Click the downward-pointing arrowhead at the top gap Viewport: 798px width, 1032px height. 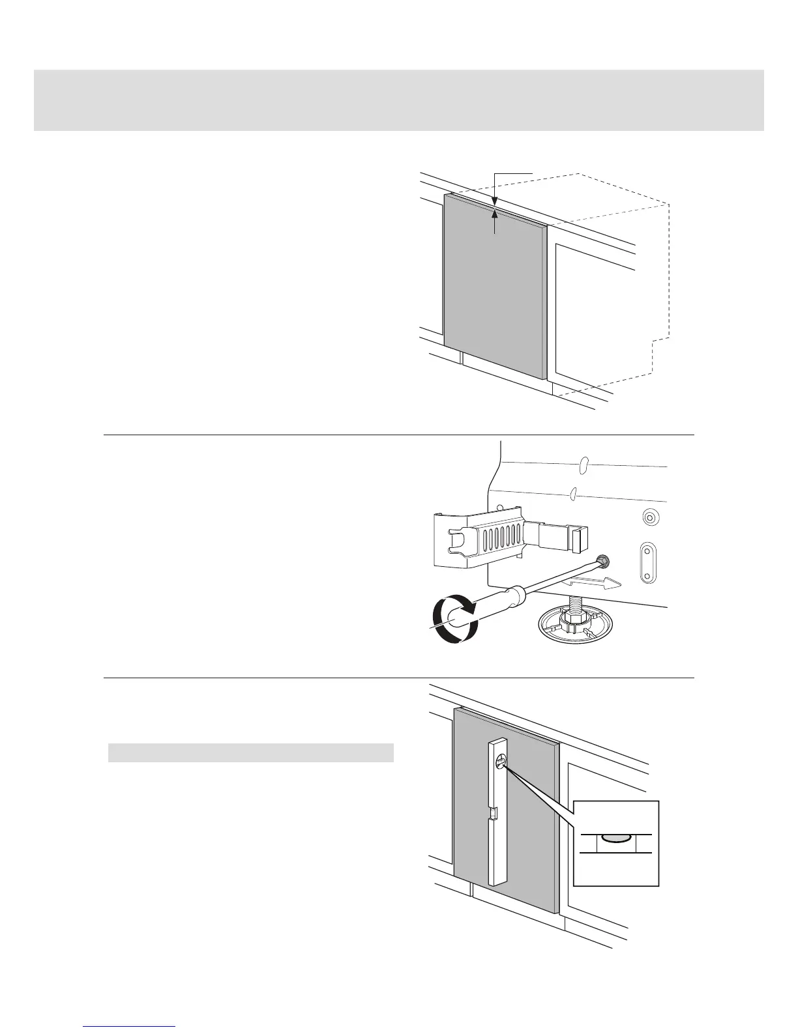(x=495, y=201)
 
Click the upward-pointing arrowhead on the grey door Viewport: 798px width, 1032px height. (x=495, y=213)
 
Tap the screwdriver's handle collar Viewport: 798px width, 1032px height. (x=516, y=593)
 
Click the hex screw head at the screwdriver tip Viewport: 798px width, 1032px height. (x=602, y=560)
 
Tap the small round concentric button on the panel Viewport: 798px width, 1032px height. (x=649, y=518)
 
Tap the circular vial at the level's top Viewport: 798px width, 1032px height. (x=501, y=760)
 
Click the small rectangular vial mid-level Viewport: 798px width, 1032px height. (x=494, y=812)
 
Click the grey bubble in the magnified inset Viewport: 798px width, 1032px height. (x=615, y=839)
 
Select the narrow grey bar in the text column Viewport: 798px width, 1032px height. (x=250, y=752)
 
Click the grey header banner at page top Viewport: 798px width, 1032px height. (x=398, y=100)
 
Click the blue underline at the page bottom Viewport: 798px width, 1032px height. (x=130, y=1026)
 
